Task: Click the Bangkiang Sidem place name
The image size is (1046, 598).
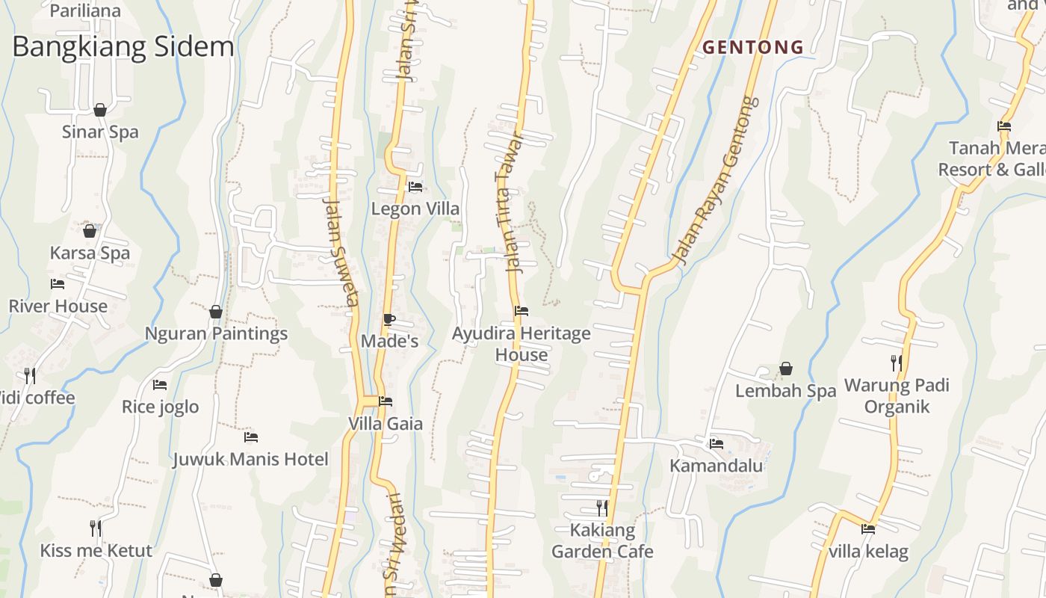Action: [x=123, y=46]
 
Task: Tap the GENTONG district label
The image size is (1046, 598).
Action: [x=753, y=47]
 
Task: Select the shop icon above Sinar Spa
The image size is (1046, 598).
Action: [x=100, y=111]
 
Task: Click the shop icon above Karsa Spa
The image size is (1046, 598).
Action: [x=90, y=231]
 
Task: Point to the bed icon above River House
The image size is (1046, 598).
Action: [x=58, y=284]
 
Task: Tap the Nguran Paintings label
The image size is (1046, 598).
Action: [x=216, y=333]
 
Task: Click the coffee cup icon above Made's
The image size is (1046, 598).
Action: [x=389, y=320]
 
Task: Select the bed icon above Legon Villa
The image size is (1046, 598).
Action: [x=415, y=187]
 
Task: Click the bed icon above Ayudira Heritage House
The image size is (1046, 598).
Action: [x=522, y=311]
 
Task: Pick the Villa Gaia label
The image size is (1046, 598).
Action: [x=386, y=424]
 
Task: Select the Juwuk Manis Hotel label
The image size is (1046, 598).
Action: [x=250, y=459]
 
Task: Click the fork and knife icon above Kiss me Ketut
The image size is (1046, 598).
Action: [x=96, y=528]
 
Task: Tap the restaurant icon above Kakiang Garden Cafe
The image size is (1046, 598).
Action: [x=601, y=508]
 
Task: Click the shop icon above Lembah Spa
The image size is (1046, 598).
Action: [x=785, y=369]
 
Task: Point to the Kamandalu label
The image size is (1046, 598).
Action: [x=716, y=466]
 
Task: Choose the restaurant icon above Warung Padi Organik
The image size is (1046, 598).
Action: [x=897, y=363]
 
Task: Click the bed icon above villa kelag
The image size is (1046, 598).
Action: [x=868, y=529]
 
